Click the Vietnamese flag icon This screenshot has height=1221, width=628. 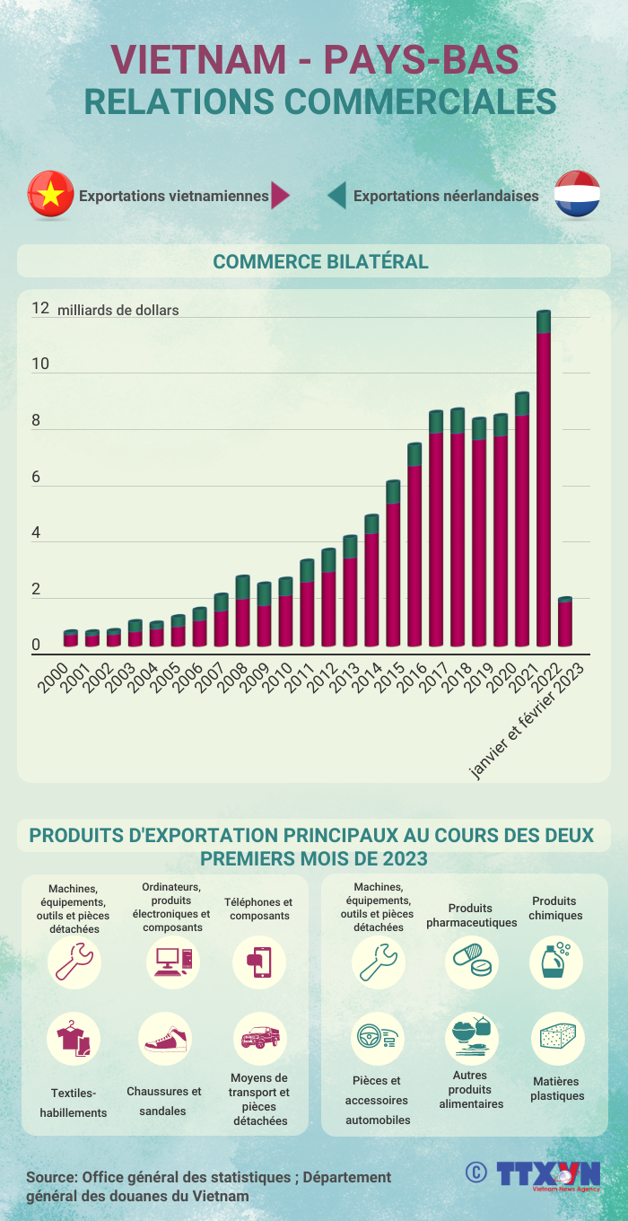coord(51,195)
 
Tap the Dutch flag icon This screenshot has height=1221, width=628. coord(577,195)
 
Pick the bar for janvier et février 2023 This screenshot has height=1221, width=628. coord(565,622)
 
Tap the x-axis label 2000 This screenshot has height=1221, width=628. coord(53,679)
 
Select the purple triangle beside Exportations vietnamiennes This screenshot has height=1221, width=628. coord(280,196)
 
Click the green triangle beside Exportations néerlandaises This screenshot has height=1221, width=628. coord(337,196)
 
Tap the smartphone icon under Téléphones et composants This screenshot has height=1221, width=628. coord(259,962)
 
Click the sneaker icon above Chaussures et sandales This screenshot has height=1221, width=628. coord(165,1039)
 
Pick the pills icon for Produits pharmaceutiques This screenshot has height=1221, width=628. coord(472,962)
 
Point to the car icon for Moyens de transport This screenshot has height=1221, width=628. coord(259,1039)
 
